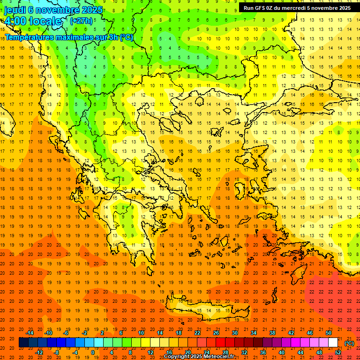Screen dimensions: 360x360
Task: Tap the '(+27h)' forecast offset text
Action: [x=81, y=21]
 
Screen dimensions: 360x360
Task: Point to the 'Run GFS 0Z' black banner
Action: [x=297, y=8]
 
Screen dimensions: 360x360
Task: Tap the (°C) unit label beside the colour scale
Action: [x=349, y=343]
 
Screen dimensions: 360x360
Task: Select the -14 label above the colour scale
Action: [x=30, y=333]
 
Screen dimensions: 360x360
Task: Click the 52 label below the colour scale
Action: [x=338, y=352]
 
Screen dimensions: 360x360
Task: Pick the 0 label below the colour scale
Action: [x=92, y=352]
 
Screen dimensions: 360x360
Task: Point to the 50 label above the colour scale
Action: [x=329, y=333]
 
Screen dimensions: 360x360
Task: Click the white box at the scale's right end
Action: [x=333, y=343]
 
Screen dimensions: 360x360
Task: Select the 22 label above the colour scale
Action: [x=197, y=333]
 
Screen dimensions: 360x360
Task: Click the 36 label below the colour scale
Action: [x=263, y=352]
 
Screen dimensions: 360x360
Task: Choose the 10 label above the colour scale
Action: [x=141, y=333]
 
